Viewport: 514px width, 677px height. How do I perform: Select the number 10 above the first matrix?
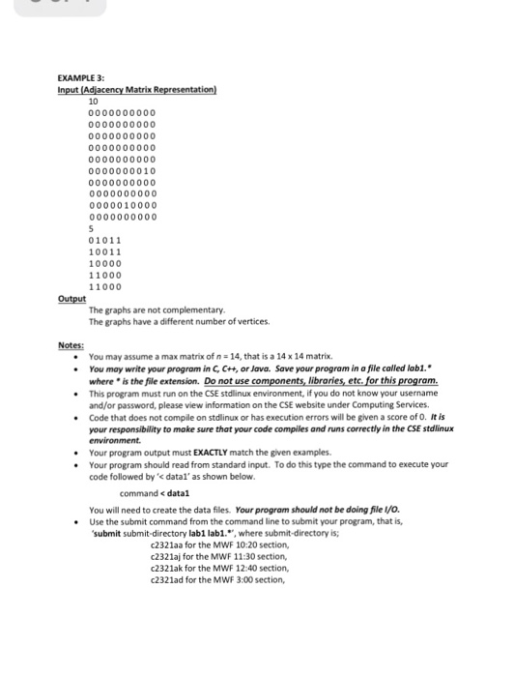tap(94, 101)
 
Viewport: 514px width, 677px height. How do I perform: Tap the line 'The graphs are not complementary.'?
tap(157, 309)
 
